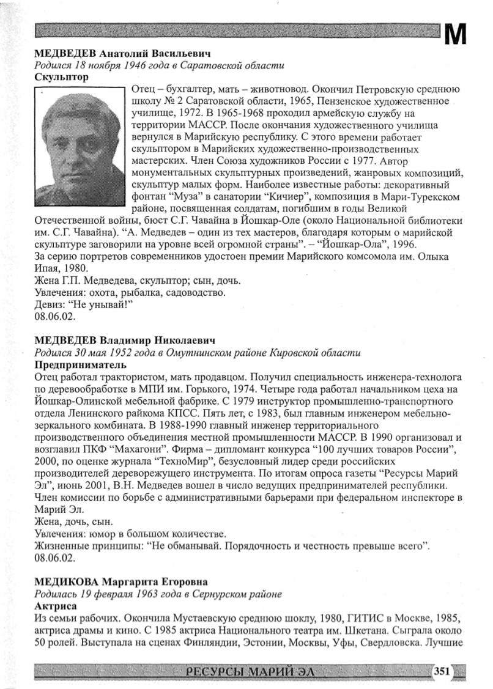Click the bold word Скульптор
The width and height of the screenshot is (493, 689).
click(62, 78)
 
